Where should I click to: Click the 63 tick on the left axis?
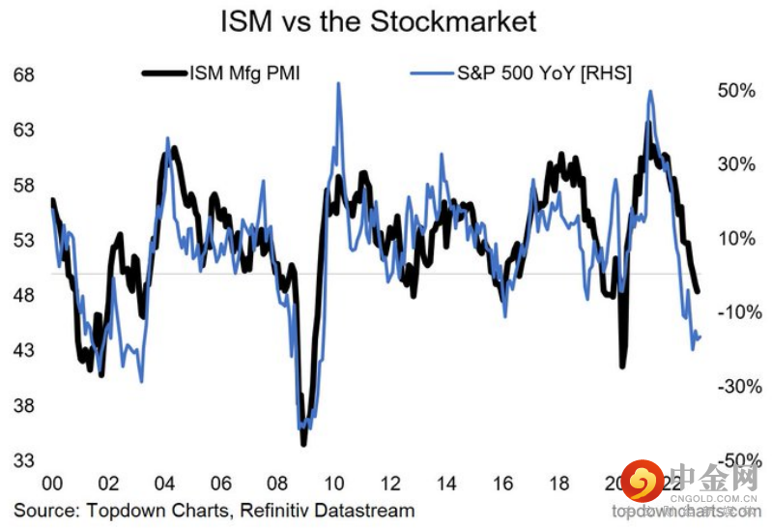pyautogui.click(x=25, y=131)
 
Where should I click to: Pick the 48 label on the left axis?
pyautogui.click(x=25, y=296)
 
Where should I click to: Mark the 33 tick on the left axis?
pyautogui.click(x=25, y=460)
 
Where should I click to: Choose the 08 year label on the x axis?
pyautogui.click(x=276, y=485)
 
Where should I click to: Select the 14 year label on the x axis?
pyautogui.click(x=445, y=485)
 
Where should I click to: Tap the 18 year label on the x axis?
pyautogui.click(x=558, y=485)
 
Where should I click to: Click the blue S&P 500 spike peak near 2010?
pyautogui.click(x=338, y=84)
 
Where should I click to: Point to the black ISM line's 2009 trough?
pyautogui.click(x=303, y=443)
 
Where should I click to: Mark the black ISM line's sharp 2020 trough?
pyautogui.click(x=622, y=366)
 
